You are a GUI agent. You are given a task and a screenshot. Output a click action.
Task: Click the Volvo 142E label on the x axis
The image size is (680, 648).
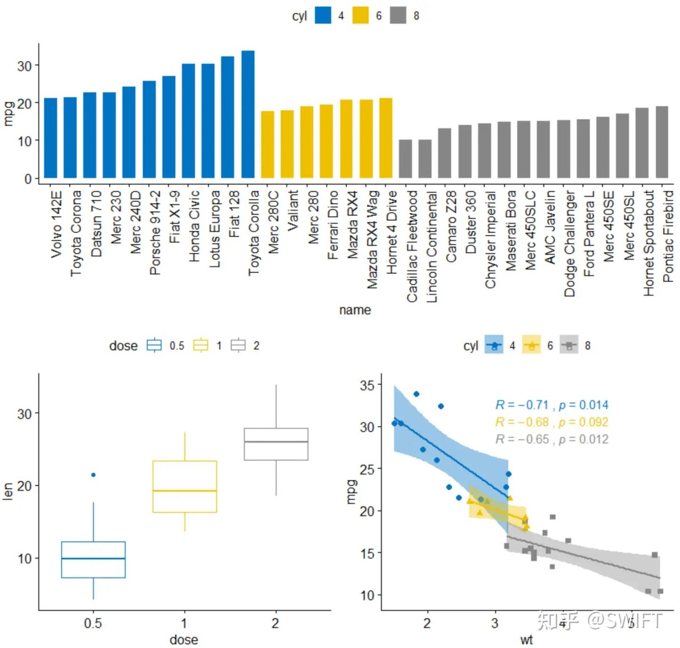[57, 224]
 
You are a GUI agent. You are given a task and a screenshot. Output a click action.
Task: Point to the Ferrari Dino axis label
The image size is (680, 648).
[333, 225]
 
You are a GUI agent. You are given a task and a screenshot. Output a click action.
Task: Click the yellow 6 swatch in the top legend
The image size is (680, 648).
[360, 16]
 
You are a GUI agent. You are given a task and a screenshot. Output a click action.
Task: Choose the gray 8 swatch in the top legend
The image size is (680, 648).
[398, 16]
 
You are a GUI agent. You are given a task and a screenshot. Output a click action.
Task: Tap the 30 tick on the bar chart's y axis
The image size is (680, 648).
[25, 66]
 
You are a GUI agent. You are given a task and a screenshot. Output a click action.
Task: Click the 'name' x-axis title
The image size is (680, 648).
[355, 310]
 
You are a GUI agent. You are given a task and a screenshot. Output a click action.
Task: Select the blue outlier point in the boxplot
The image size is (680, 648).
[93, 475]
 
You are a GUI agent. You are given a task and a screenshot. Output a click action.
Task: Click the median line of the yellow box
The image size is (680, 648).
[185, 491]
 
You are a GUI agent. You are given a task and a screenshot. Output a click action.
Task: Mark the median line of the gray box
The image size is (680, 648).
[276, 441]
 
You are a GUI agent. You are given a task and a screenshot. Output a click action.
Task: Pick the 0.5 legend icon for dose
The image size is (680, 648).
[154, 346]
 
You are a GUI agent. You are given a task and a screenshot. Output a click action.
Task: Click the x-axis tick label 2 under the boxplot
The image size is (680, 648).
[275, 623]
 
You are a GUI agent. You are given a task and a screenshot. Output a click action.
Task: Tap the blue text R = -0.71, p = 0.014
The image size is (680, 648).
[552, 405]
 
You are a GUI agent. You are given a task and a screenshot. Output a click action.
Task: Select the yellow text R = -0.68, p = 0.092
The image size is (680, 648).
[552, 422]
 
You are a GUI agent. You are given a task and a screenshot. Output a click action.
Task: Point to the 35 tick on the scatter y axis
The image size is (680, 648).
[367, 385]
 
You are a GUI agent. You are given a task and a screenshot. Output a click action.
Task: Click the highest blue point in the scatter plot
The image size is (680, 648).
[416, 394]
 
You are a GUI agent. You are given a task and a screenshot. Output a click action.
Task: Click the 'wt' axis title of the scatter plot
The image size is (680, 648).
[526, 640]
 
